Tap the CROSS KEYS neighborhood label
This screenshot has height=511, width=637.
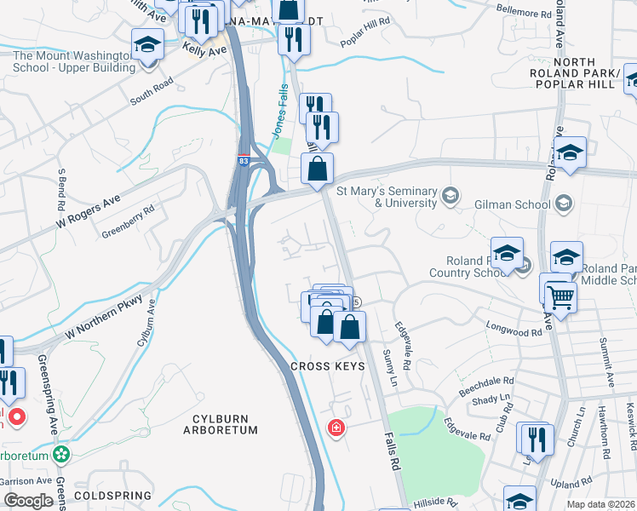pyautogui.click(x=328, y=366)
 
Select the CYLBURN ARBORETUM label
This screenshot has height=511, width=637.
pyautogui.click(x=220, y=424)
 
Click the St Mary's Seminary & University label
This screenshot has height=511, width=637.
pyautogui.click(x=387, y=197)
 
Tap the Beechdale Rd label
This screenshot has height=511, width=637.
pyautogui.click(x=485, y=382)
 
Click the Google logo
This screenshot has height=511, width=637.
pyautogui.click(x=28, y=501)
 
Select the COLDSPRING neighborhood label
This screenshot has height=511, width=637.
pyautogui.click(x=112, y=495)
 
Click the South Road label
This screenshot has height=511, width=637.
pyautogui.click(x=152, y=92)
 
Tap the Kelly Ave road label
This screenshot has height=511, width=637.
pyautogui.click(x=204, y=50)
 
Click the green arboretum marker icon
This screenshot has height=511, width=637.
pyautogui.click(x=60, y=453)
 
